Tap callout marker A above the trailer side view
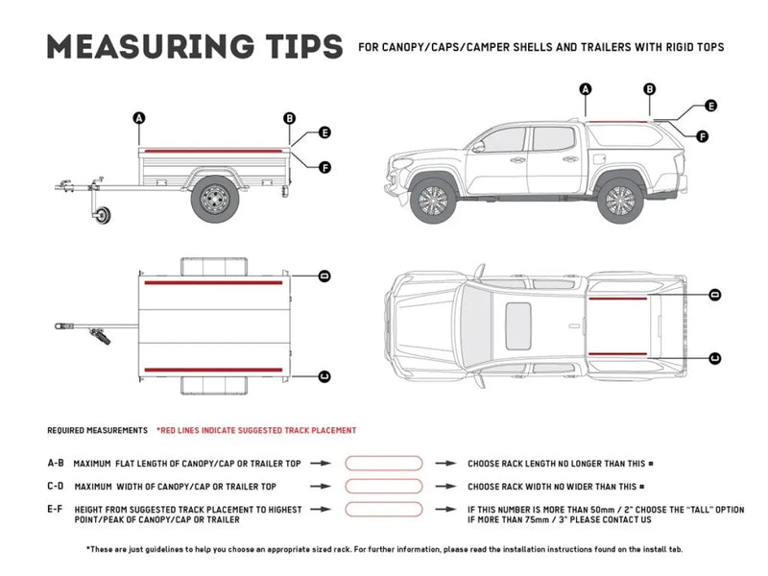(x=139, y=118)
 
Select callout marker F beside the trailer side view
(x=324, y=167)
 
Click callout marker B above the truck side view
(x=650, y=89)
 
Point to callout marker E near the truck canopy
(x=710, y=106)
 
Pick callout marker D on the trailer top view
(x=324, y=276)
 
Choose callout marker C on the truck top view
(x=715, y=358)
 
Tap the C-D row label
(x=56, y=487)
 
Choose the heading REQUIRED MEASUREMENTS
(x=98, y=431)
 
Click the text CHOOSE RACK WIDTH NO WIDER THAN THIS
(x=551, y=487)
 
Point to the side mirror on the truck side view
(x=477, y=147)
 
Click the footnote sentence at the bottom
(x=384, y=549)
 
